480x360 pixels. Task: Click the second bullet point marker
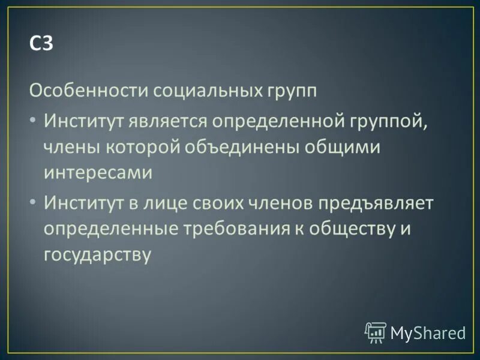[33, 202]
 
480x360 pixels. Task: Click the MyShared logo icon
[376, 332]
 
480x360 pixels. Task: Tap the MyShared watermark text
[428, 332]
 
